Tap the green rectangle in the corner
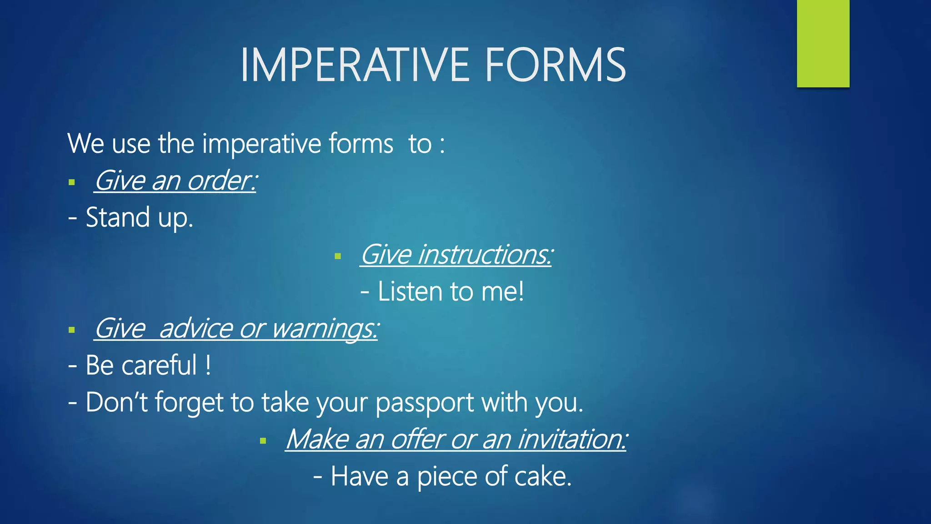823,43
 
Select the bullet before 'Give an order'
71,183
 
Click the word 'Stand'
118,217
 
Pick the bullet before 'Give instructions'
337,257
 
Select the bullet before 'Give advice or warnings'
71,330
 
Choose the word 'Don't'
116,402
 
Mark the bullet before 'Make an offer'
263,441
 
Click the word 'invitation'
570,439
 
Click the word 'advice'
196,328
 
